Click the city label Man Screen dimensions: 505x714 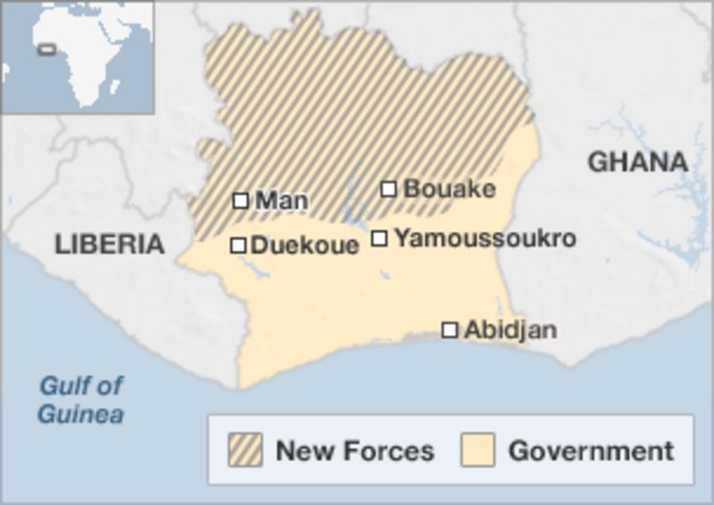[x=281, y=200]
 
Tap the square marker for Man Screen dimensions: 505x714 [x=240, y=200]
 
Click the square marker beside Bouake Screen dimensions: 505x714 [x=388, y=189]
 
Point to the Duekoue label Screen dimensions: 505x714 [x=304, y=245]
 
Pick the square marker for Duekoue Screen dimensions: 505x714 [x=238, y=245]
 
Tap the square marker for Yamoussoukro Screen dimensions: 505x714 [x=379, y=238]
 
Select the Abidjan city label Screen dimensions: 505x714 [x=510, y=330]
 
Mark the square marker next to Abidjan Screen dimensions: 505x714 [x=450, y=330]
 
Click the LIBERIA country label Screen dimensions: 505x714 [x=110, y=244]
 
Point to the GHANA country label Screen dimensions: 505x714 [x=637, y=162]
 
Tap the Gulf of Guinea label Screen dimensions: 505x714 [x=80, y=400]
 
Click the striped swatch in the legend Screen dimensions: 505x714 [x=245, y=450]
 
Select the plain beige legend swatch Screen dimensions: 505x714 [x=477, y=450]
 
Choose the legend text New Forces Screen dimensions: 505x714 [x=354, y=450]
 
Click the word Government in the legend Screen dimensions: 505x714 [x=591, y=450]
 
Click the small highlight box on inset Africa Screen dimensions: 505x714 [x=47, y=49]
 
